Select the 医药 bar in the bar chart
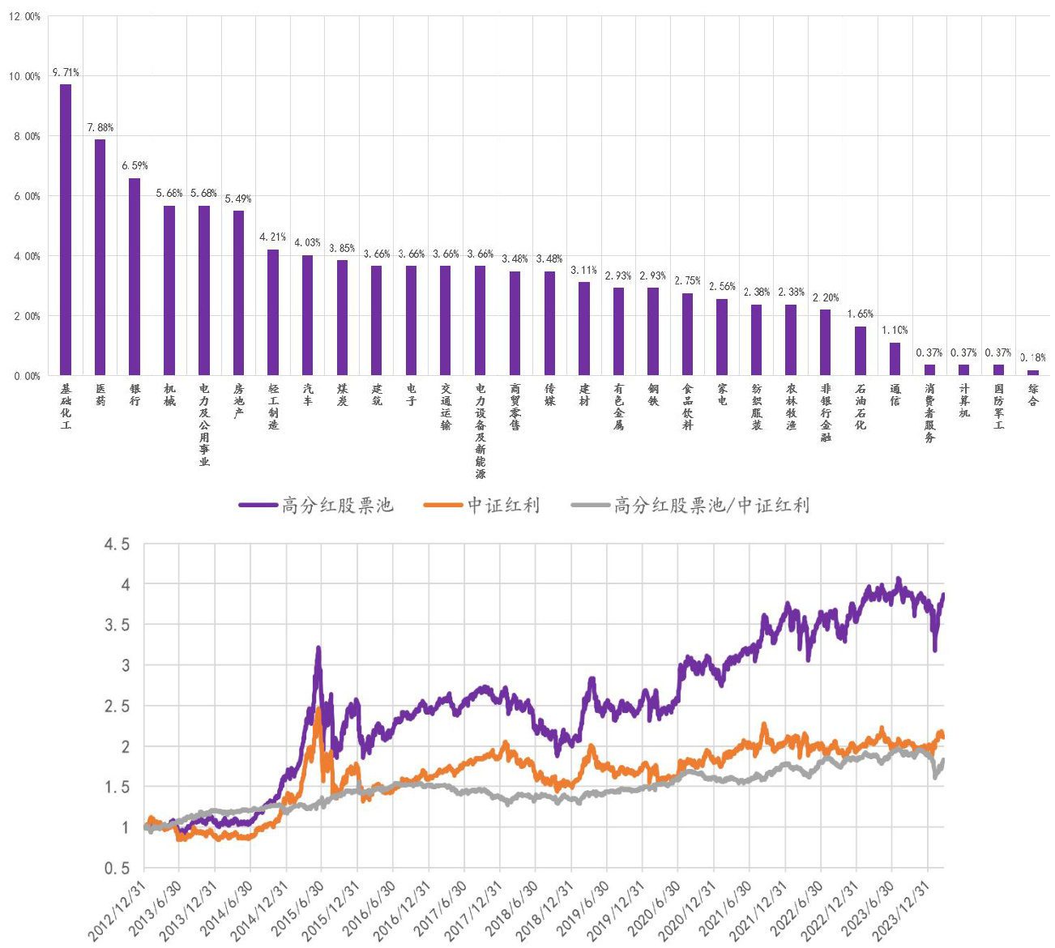pyautogui.click(x=100, y=257)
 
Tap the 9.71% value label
pyautogui.click(x=66, y=73)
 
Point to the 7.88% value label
pyautogui.click(x=100, y=127)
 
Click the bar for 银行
pyautogui.click(x=135, y=276)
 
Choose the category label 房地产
pyautogui.click(x=238, y=401)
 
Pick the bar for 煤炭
pyautogui.click(x=342, y=318)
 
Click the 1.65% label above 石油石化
pyautogui.click(x=861, y=314)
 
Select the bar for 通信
pyautogui.click(x=895, y=359)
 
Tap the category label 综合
pyautogui.click(x=1033, y=395)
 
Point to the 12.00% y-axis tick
pyautogui.click(x=24, y=16)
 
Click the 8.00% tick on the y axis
pyautogui.click(x=27, y=136)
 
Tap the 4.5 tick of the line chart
pyautogui.click(x=117, y=544)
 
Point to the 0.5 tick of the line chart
pyautogui.click(x=117, y=868)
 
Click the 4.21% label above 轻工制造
pyautogui.click(x=273, y=237)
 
